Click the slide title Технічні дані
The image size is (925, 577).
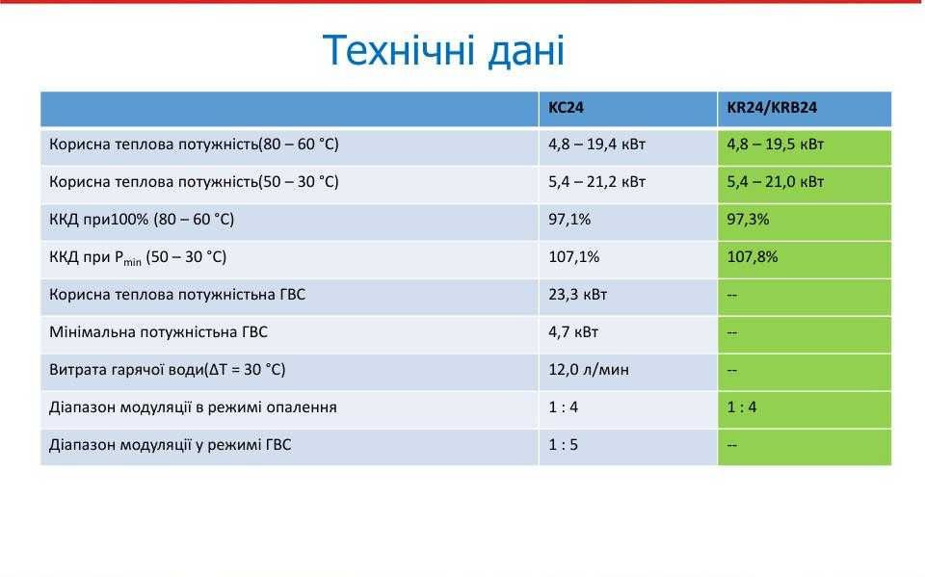click(x=443, y=50)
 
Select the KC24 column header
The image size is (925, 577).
click(x=566, y=108)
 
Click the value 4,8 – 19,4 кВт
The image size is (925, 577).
click(x=596, y=144)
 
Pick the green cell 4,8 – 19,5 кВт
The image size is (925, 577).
click(x=775, y=144)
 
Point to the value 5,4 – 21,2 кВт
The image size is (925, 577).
click(x=596, y=182)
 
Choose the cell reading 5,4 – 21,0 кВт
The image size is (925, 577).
click(x=775, y=182)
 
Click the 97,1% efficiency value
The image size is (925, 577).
click(x=569, y=220)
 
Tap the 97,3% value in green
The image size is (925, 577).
click(x=748, y=220)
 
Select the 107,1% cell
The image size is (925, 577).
click(x=573, y=257)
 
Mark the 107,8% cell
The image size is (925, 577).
click(x=752, y=257)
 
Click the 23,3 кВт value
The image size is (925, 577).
click(x=577, y=295)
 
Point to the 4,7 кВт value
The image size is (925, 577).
click(x=573, y=332)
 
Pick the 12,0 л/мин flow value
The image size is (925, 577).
click(x=589, y=370)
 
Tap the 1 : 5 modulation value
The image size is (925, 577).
click(x=564, y=445)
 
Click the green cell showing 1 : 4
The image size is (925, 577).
click(x=742, y=407)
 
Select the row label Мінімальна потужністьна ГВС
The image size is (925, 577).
click(x=158, y=332)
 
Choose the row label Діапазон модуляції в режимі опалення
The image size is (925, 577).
click(x=193, y=407)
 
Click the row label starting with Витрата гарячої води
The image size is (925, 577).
click(x=167, y=370)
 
